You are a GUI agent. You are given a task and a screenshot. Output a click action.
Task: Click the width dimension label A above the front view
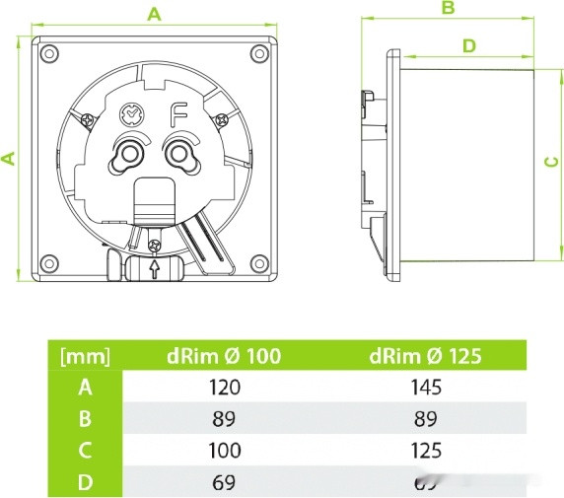tap(153, 13)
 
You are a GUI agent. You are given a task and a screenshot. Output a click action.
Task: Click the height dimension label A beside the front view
tap(9, 158)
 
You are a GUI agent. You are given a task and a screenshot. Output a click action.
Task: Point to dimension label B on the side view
tap(447, 9)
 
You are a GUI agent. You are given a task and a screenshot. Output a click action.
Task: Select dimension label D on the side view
tap(468, 45)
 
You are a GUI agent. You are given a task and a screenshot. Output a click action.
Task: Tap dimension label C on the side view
tap(552, 163)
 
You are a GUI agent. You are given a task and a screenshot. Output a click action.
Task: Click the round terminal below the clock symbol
tap(128, 154)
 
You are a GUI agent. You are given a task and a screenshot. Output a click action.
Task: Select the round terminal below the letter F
tap(178, 154)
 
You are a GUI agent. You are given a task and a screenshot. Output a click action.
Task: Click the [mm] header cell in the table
tap(85, 356)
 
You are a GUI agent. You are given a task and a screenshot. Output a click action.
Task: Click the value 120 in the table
tap(226, 387)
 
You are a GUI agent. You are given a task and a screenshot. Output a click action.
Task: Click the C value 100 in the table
tap(226, 450)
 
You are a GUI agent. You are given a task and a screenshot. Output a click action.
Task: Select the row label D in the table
tap(85, 481)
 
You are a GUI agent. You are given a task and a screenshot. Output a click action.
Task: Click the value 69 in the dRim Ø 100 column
tap(226, 481)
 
